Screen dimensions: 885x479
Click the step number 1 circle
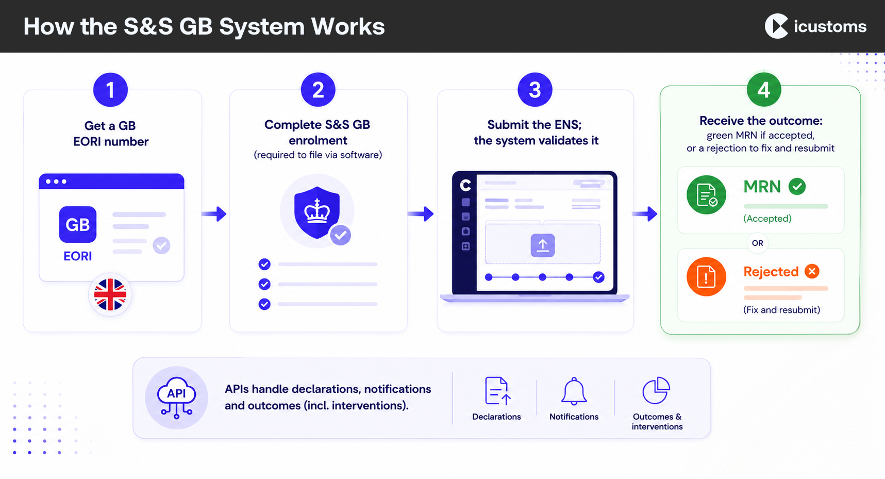[x=110, y=90]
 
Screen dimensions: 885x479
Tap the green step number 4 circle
[x=764, y=90]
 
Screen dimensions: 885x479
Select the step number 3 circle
[x=535, y=90]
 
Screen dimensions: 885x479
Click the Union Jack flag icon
[x=110, y=294]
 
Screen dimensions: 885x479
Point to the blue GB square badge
[x=78, y=224]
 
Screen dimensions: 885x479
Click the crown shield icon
[x=317, y=212]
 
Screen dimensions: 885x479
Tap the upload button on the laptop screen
[x=543, y=245]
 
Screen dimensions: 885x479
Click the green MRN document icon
[x=706, y=195]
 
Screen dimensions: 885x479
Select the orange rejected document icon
[x=706, y=276]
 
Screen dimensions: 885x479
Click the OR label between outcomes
[x=757, y=243]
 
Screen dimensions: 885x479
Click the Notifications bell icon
[x=574, y=391]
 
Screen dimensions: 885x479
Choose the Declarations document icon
[x=497, y=391]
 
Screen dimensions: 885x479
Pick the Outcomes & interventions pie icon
[x=656, y=390]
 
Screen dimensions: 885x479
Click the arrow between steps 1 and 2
[x=214, y=213]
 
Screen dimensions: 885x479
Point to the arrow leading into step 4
[x=645, y=213]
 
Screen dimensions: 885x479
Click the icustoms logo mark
[x=777, y=26]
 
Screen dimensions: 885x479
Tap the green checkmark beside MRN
[x=797, y=186]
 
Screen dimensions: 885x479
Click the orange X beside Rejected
[x=812, y=271]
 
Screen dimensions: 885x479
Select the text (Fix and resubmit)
[x=781, y=310]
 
